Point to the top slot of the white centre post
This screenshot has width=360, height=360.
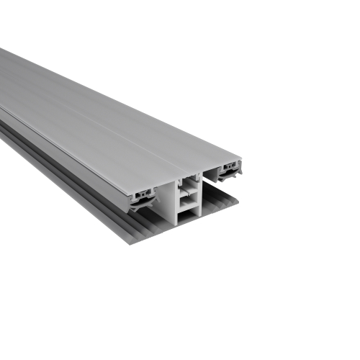(186, 183)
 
